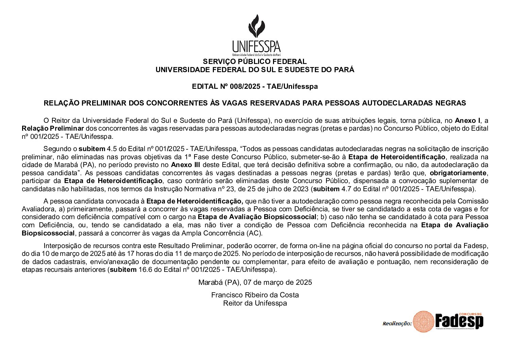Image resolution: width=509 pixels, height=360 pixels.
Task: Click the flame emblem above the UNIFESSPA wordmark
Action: click(256, 26)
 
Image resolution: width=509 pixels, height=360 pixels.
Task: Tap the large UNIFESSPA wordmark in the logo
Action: click(256, 46)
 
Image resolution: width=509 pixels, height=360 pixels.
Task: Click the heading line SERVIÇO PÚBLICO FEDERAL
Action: click(255, 62)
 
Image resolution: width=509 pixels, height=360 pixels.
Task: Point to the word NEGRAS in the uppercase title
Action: click(451, 103)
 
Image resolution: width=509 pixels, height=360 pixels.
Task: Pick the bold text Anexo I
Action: click(468, 120)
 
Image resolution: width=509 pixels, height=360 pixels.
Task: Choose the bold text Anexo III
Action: click(185, 165)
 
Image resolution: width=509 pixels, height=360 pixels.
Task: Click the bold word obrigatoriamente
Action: click(458, 173)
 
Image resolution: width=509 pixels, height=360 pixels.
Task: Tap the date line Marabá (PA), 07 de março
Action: click(255, 282)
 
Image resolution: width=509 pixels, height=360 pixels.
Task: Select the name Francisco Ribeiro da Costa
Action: click(255, 295)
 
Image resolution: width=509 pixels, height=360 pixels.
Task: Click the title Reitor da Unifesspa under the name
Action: click(255, 303)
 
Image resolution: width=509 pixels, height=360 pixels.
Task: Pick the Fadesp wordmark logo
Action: click(459, 321)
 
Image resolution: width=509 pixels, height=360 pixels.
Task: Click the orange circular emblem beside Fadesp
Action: click(423, 321)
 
